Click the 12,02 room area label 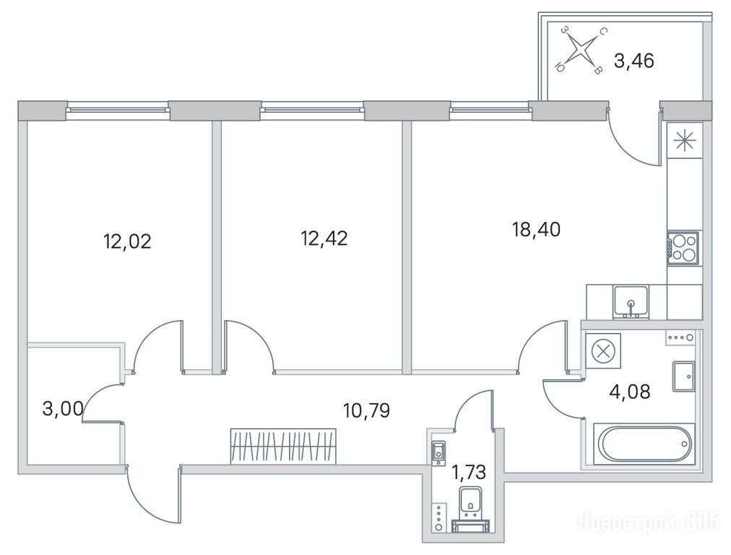(x=127, y=242)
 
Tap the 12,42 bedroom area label (x=324, y=238)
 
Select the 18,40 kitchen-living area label (x=537, y=230)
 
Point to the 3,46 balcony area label (x=634, y=61)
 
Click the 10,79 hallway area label (x=366, y=410)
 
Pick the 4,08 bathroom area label (x=629, y=391)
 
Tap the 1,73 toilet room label (x=469, y=473)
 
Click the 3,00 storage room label (x=63, y=409)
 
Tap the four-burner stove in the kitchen (x=683, y=248)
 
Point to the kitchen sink (x=631, y=302)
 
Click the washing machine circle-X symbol (x=603, y=350)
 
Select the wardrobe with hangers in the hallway (x=283, y=446)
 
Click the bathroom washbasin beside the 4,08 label (x=683, y=376)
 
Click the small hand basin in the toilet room (x=438, y=453)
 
